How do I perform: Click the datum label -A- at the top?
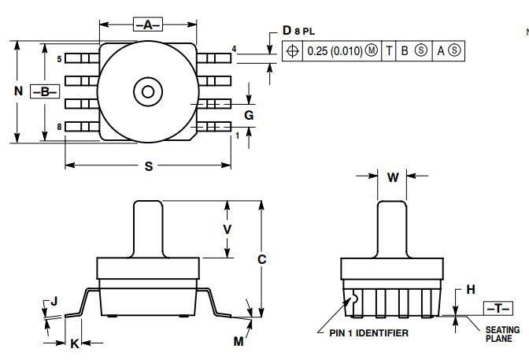[147, 25]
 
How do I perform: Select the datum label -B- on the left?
[45, 91]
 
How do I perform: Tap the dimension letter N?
[18, 91]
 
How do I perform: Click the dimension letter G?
[249, 115]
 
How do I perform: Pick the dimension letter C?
[262, 258]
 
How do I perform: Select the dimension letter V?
[228, 228]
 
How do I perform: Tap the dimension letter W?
[393, 177]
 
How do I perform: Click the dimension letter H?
[471, 289]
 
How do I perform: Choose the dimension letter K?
[75, 343]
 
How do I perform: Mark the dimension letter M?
[238, 341]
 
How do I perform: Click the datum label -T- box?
[494, 307]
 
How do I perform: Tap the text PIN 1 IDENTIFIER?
[368, 333]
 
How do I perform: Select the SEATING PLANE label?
[501, 335]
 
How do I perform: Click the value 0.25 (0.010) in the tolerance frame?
[334, 50]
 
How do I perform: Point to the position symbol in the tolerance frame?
[293, 50]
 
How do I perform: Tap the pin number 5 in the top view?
[59, 58]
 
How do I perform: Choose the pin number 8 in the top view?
[59, 127]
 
